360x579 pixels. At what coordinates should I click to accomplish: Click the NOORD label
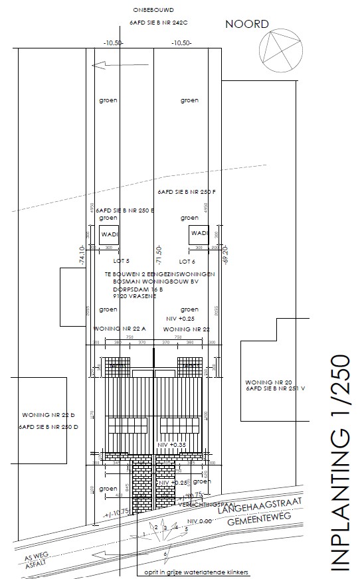[246, 25]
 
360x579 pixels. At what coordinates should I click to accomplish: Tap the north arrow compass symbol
[279, 51]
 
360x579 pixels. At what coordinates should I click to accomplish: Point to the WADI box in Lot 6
[199, 234]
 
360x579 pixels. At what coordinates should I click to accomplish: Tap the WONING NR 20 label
[264, 382]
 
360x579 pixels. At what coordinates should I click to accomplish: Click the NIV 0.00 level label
[199, 521]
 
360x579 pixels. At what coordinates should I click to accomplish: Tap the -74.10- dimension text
[82, 256]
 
